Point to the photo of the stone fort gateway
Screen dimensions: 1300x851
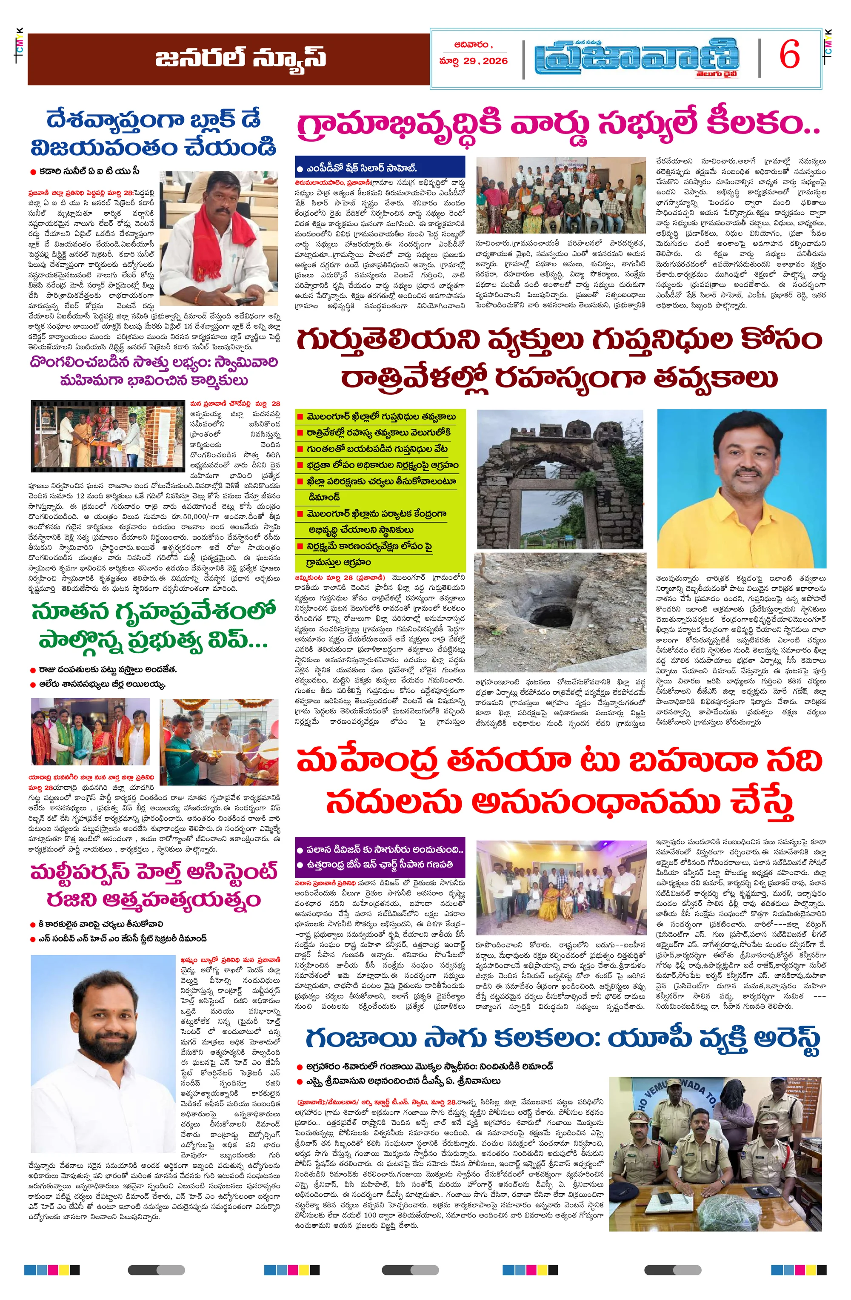[x=560, y=478]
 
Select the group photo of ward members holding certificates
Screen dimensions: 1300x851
[x=560, y=196]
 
